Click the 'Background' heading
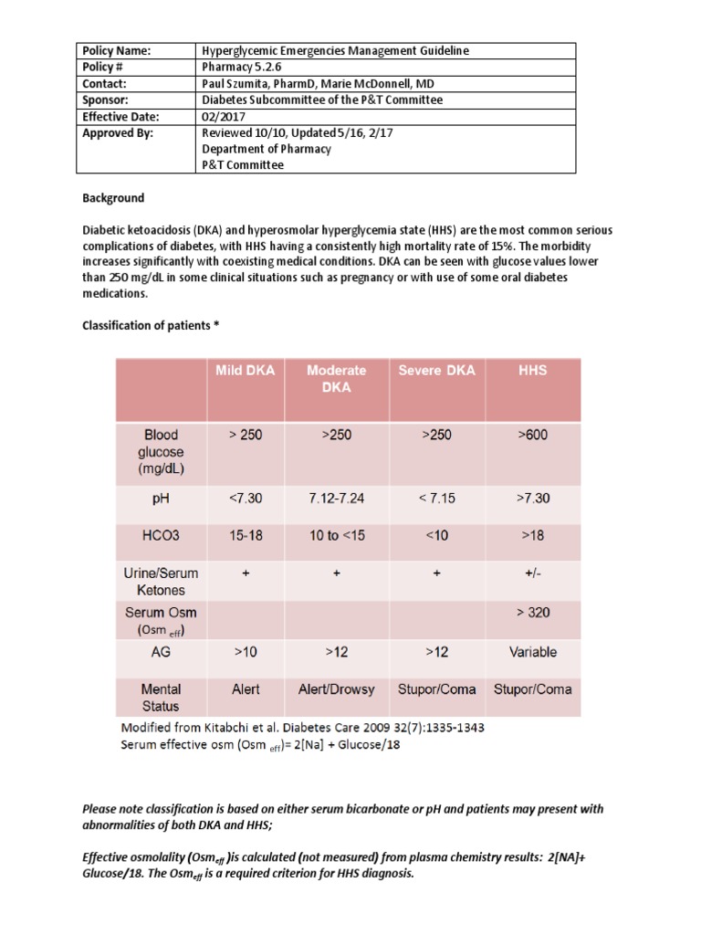pyautogui.click(x=113, y=198)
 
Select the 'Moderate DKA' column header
pyautogui.click(x=336, y=379)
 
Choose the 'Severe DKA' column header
pyautogui.click(x=436, y=371)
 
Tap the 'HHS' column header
pyautogui.click(x=532, y=371)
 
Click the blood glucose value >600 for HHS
pyautogui.click(x=532, y=435)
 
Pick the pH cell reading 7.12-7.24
pyautogui.click(x=336, y=499)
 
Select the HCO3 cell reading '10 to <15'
pyautogui.click(x=336, y=536)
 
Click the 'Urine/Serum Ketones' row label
pyautogui.click(x=161, y=582)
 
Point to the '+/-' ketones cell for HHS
pyautogui.click(x=532, y=574)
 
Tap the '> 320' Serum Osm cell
pyautogui.click(x=532, y=613)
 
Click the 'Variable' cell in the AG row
pyautogui.click(x=532, y=652)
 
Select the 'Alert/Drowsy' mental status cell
pyautogui.click(x=336, y=689)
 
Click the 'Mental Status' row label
pyautogui.click(x=161, y=698)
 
